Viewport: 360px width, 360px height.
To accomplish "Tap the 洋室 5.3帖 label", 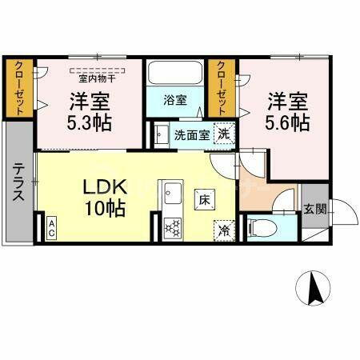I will [x=90, y=113].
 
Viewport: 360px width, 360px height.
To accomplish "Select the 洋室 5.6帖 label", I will [x=288, y=111].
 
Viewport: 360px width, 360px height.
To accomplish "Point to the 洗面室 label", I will [x=192, y=134].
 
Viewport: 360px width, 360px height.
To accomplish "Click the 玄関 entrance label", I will [x=314, y=210].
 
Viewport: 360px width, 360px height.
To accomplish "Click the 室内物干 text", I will [x=95, y=78].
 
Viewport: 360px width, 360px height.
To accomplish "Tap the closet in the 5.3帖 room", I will [x=21, y=89].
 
